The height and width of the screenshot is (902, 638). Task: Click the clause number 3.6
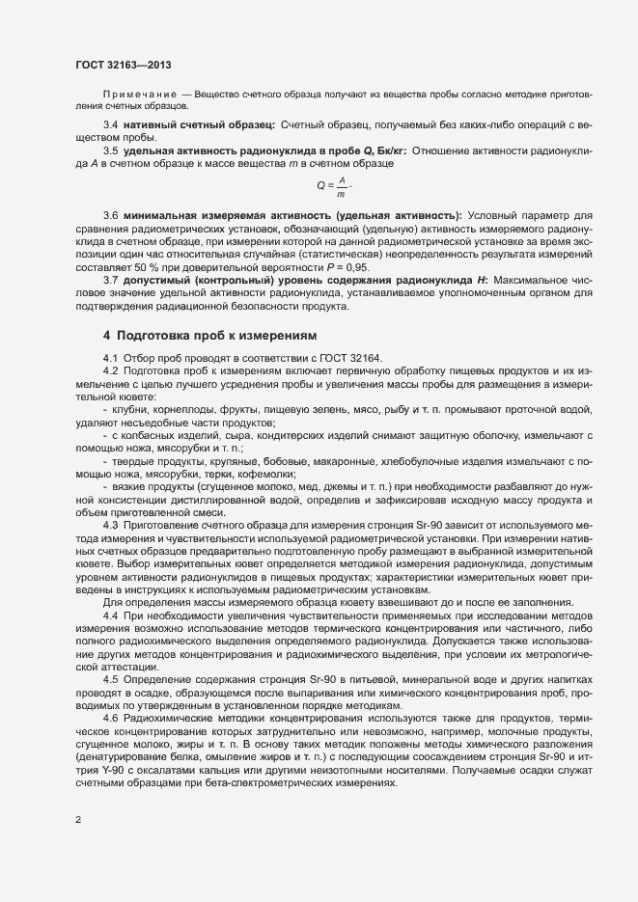pyautogui.click(x=110, y=214)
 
